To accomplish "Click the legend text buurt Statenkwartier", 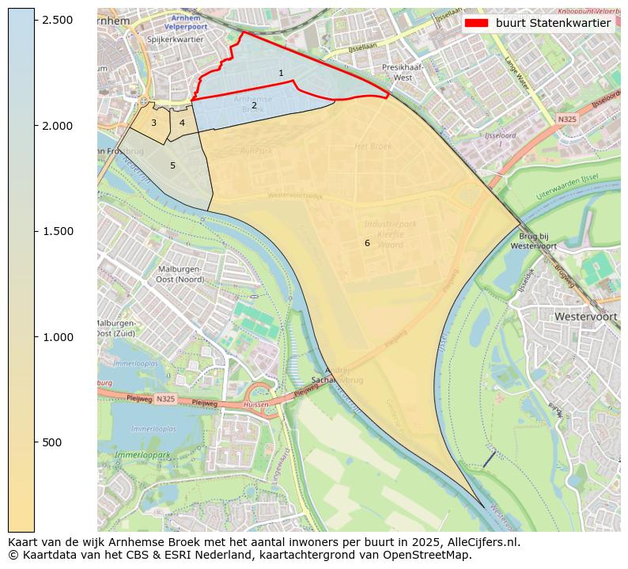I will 553,23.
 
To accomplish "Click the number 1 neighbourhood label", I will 281,74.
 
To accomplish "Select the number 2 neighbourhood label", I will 254,105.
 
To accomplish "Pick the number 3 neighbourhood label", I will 153,123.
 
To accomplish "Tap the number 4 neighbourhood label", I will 182,123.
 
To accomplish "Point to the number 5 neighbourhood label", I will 172,166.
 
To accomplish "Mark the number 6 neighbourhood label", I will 367,243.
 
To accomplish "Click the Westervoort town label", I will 585,316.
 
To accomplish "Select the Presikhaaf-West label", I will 403,73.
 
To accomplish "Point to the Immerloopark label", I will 142,455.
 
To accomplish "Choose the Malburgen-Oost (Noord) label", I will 180,274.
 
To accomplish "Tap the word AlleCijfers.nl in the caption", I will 482,542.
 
